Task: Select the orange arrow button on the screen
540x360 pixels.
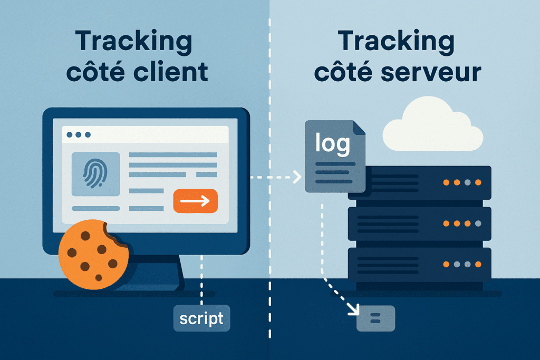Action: (195, 201)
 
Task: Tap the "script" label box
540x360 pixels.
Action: (201, 318)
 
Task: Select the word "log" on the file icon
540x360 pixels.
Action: (332, 142)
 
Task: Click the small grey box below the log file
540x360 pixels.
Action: (375, 318)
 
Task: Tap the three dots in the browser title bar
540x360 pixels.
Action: (79, 135)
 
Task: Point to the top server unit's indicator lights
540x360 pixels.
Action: (462, 182)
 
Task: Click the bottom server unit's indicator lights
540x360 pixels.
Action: (462, 264)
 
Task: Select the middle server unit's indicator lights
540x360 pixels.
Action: (462, 223)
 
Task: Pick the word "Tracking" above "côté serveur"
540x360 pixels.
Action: (397, 41)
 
